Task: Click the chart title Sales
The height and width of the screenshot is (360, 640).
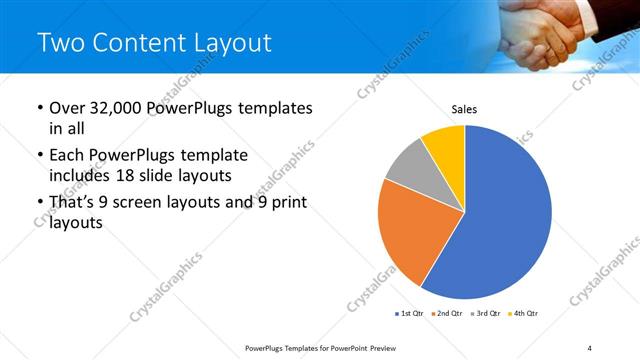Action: coord(464,109)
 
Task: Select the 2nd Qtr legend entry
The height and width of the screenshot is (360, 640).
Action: coord(445,313)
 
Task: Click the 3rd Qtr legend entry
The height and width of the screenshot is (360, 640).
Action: coord(484,313)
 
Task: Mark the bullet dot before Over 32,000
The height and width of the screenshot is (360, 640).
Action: coord(39,109)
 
